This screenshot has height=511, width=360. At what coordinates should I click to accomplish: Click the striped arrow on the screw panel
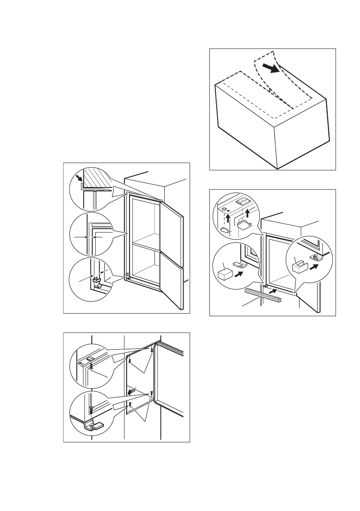pos(131,391)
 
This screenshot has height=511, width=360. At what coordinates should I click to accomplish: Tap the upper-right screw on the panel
pos(152,350)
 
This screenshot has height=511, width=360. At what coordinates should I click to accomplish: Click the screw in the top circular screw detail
pos(91,365)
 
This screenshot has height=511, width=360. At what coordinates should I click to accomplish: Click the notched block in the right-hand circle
pos(298,267)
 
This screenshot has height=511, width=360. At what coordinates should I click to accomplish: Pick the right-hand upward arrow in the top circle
pos(247,212)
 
